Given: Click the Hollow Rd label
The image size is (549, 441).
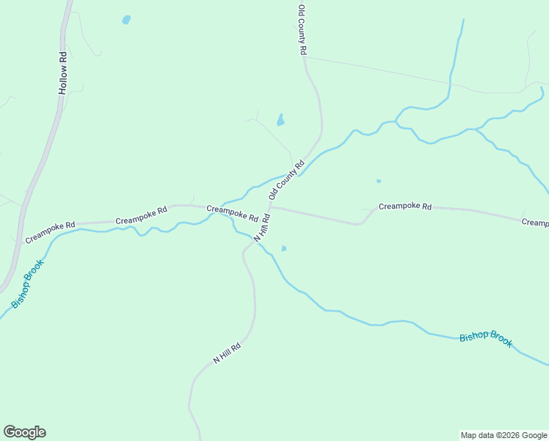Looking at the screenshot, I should pos(63,73).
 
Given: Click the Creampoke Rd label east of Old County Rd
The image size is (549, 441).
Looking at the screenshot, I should pos(405,207).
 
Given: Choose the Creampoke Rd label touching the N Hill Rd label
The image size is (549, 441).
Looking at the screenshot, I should pos(232,214).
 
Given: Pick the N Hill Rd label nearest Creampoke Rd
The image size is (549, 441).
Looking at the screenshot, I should pos(263,228).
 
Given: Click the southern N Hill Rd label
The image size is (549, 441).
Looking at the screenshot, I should pos(227,354).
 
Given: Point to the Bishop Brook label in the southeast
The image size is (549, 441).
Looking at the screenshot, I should pos(486,339).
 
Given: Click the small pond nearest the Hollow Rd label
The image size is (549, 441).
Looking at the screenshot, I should pos(126,20).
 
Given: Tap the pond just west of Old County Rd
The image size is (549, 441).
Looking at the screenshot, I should pos(280,119).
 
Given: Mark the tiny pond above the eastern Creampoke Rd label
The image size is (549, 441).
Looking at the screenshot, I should pos(379,181).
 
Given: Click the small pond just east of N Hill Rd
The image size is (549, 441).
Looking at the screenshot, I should pos(283,248).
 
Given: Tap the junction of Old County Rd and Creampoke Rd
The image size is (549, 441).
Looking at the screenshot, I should pos(270,206).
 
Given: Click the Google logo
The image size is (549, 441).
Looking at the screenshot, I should pos(24,432).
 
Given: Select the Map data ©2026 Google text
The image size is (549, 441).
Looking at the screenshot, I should pos(503,435).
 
